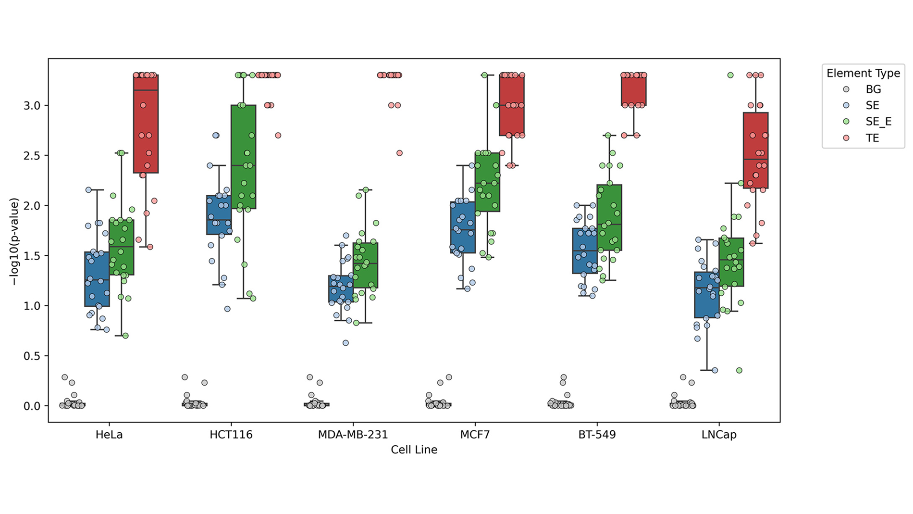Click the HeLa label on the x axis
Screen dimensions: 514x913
point(109,435)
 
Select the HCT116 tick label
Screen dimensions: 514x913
point(231,435)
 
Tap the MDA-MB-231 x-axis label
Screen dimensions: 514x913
point(353,435)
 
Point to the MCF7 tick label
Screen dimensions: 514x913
point(475,435)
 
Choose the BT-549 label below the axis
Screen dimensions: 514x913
point(597,435)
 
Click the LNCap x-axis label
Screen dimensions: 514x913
point(719,435)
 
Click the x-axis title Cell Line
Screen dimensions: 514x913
point(414,450)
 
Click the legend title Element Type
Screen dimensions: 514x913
point(863,73)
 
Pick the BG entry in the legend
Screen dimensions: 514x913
point(873,89)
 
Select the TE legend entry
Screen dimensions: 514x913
point(872,138)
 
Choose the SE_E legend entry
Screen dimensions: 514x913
point(878,122)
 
